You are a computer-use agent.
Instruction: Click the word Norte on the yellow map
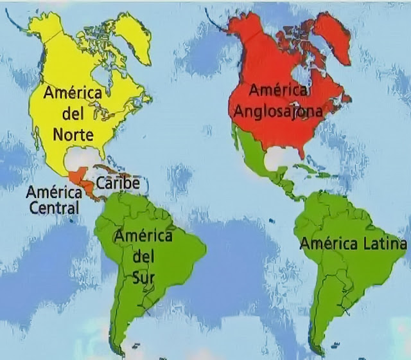click(x=73, y=136)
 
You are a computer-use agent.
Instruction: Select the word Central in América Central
click(x=55, y=208)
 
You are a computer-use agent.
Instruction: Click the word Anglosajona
click(x=277, y=111)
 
